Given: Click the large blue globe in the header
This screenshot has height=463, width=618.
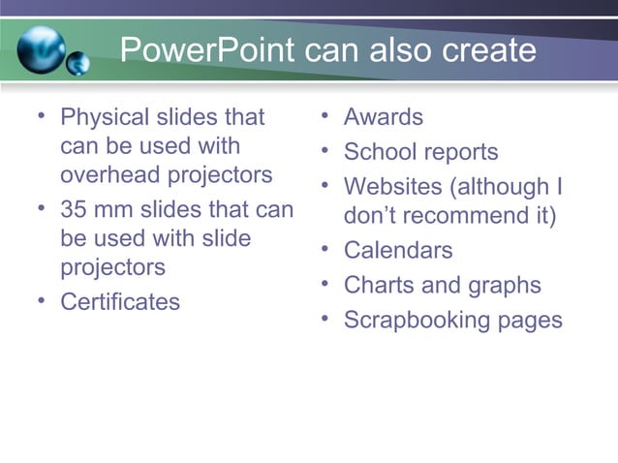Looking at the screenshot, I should (x=41, y=48).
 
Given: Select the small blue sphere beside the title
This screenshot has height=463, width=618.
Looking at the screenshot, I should (x=78, y=65).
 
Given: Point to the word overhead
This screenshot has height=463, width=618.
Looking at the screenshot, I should (x=109, y=175).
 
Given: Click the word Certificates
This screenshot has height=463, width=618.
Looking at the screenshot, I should (x=120, y=302).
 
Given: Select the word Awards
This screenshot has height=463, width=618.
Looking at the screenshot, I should (x=384, y=118).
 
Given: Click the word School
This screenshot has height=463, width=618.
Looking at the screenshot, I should (x=379, y=153).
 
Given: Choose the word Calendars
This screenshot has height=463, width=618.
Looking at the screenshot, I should (x=398, y=251).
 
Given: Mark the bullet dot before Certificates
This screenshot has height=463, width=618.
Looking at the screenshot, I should (x=41, y=300).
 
